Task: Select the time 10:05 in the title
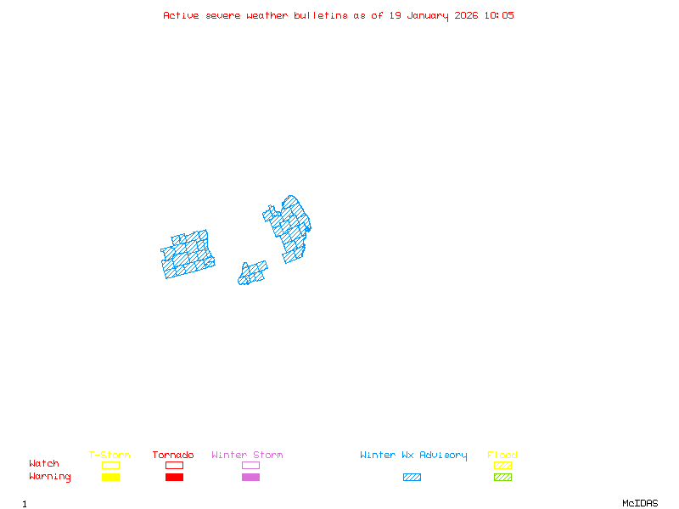pos(499,15)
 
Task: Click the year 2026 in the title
pos(467,15)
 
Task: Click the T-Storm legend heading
pos(109,456)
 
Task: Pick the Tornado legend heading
pos(173,456)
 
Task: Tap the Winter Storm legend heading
pos(247,456)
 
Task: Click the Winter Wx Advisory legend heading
pos(413,456)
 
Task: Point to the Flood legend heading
pos(502,456)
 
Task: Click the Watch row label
pos(44,464)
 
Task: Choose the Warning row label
pos(50,477)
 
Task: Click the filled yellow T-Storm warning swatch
pos(110,478)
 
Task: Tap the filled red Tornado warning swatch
pos(174,478)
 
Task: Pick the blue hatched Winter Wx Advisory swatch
pos(412,478)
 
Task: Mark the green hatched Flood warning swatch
pos(502,478)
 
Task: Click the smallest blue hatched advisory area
pos(252,274)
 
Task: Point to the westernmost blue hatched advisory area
pos(188,255)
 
